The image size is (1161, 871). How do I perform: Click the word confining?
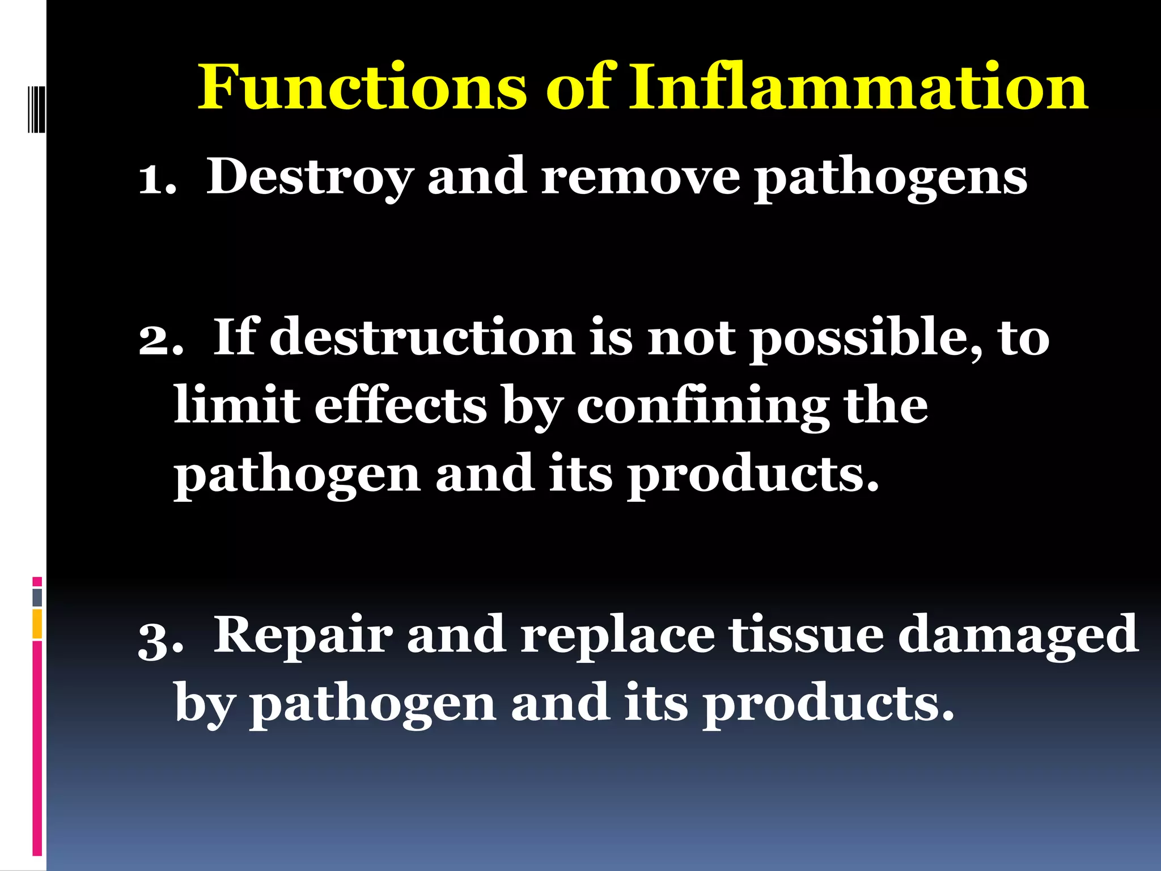[703, 407]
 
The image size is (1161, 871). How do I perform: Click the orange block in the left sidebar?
[37, 624]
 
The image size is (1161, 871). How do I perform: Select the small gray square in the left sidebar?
[37, 597]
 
